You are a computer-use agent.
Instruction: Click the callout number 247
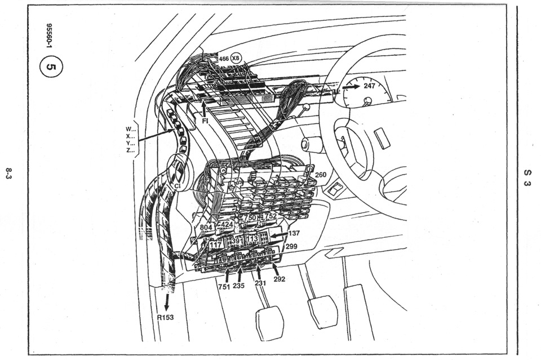coord(369,86)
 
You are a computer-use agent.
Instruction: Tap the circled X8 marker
coord(236,58)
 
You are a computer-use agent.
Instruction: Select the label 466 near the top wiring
coord(224,59)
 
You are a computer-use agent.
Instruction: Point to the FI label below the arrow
coord(205,121)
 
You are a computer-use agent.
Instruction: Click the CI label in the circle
coord(178,186)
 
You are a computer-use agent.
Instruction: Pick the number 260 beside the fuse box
coord(321,175)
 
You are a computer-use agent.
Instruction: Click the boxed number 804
coord(206,227)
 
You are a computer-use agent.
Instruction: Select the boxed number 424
coord(227,225)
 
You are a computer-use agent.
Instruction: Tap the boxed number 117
coord(216,245)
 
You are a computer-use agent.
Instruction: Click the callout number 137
coord(294,233)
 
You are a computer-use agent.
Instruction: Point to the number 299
coord(291,246)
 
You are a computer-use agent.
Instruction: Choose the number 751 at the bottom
coord(224,287)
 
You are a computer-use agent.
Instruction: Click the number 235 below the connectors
coord(238,286)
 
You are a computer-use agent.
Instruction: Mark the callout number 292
coord(279,279)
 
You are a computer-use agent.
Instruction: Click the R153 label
coord(165,317)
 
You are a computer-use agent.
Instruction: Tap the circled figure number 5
coord(51,66)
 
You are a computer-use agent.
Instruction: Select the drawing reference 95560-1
coord(49,35)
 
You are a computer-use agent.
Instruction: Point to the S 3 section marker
coord(527,177)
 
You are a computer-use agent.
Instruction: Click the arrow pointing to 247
coord(351,87)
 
